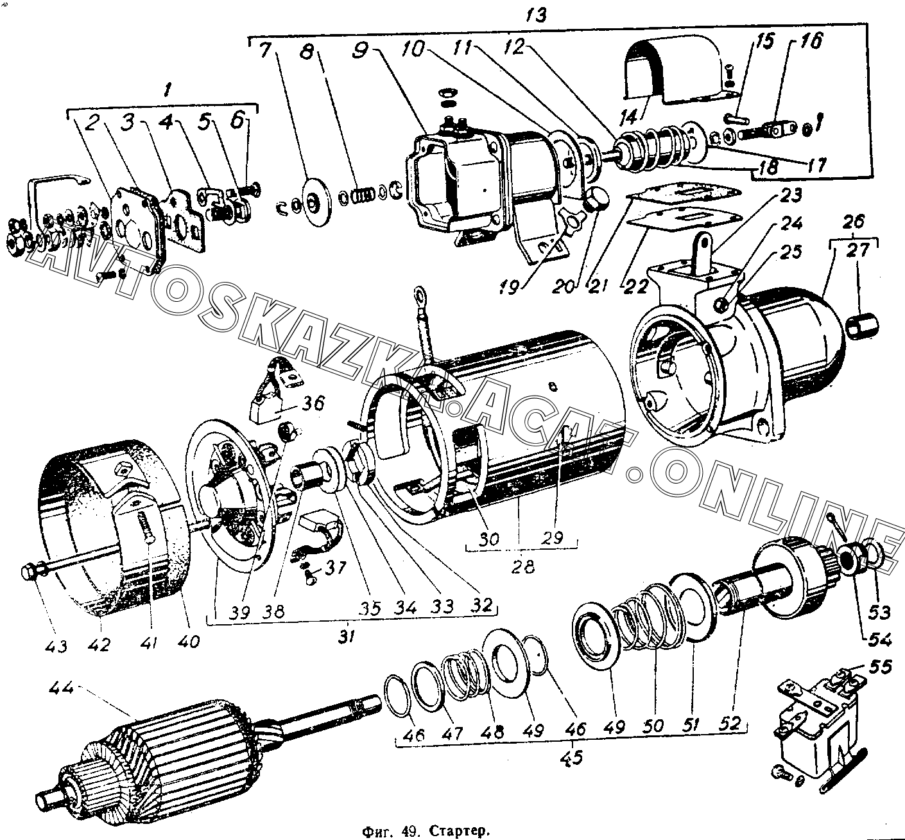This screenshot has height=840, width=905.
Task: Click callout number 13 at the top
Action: [x=535, y=15]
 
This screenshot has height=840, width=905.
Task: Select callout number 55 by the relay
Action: [x=879, y=667]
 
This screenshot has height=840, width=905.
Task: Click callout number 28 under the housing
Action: [x=522, y=567]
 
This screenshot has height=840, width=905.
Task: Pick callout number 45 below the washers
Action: [x=571, y=757]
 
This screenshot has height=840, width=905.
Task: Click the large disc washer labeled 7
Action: [x=313, y=201]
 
